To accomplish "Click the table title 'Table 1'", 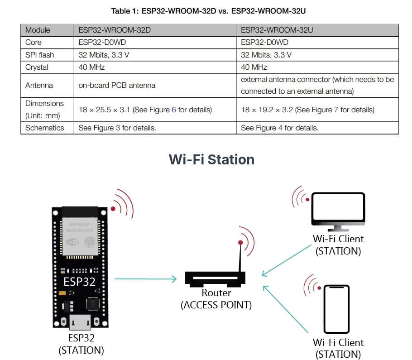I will pyautogui.click(x=211, y=10).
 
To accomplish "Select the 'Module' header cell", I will pyautogui.click(x=38, y=30).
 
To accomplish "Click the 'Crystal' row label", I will pyautogui.click(x=37, y=67).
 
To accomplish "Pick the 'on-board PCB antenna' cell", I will pyautogui.click(x=117, y=85).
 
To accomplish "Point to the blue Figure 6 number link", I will pyautogui.click(x=174, y=110).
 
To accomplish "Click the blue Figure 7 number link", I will pyautogui.click(x=336, y=110).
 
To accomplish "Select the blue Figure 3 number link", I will pyautogui.click(x=118, y=128).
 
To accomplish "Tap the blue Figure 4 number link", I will pyautogui.click(x=280, y=128).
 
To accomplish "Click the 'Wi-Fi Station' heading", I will pyautogui.click(x=211, y=159).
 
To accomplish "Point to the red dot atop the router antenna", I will pyautogui.click(x=240, y=243).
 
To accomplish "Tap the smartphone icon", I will pyautogui.click(x=336, y=309).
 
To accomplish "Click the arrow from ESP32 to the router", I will pyautogui.click(x=145, y=279).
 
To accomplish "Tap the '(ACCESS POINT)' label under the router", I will pyautogui.click(x=216, y=305).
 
